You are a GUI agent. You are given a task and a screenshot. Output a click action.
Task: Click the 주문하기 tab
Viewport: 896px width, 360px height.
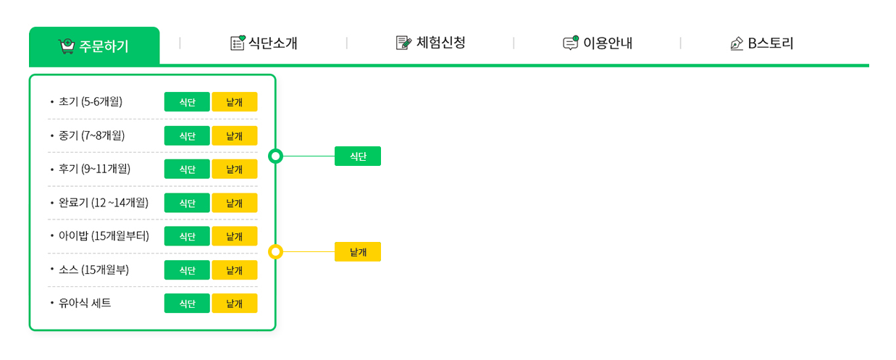coord(94,46)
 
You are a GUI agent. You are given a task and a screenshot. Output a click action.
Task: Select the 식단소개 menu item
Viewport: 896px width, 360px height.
coord(264,43)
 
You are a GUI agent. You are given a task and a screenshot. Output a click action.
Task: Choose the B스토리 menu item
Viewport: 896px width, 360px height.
coord(763,43)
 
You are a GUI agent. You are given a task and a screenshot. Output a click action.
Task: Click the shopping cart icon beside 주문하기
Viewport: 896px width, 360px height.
coord(67,46)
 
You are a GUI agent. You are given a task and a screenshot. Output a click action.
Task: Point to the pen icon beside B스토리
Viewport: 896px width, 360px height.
coord(737,44)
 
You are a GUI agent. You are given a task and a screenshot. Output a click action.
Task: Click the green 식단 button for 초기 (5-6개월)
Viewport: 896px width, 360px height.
coord(187,102)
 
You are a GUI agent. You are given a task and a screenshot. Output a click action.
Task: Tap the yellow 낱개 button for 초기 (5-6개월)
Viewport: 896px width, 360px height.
coord(235,102)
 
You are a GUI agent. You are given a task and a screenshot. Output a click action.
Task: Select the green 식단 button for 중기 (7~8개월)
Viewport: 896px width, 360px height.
coord(187,135)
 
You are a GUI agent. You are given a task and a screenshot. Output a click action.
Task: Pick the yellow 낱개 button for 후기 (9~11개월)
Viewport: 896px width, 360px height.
coord(235,169)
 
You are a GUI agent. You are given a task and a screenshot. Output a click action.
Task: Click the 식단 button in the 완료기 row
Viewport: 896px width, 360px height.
coord(187,203)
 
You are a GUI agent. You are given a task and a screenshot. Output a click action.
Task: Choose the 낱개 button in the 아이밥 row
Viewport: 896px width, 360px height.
coord(235,236)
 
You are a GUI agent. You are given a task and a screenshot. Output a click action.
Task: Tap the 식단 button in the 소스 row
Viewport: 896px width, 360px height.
coord(187,270)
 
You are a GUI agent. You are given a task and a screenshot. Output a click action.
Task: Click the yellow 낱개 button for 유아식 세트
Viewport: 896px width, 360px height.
coord(235,304)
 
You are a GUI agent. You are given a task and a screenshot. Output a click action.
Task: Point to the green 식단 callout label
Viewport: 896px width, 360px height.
coord(357,156)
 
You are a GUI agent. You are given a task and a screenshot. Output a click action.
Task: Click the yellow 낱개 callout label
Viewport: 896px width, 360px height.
coord(357,251)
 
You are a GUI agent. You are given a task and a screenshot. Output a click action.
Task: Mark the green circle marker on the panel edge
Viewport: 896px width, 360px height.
coord(275,156)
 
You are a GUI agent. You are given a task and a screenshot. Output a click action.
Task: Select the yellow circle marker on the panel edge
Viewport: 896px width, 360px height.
coord(275,251)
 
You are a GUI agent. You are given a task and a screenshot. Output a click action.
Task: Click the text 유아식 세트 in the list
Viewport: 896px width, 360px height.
coord(85,304)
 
